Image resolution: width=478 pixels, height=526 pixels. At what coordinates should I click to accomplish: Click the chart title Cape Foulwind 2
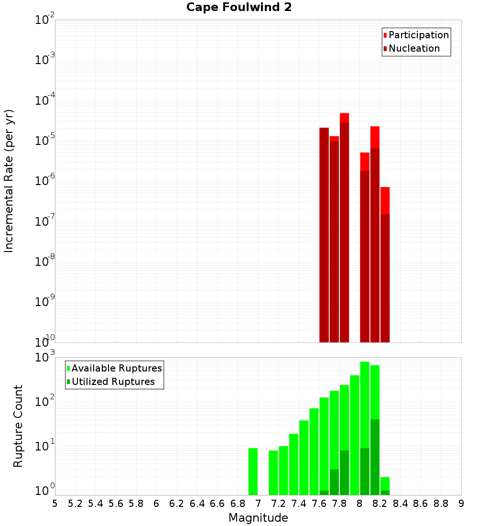[x=239, y=7]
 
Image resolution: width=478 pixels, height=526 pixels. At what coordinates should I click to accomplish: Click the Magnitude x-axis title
[x=258, y=518]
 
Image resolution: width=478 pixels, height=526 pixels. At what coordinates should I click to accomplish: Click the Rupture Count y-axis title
[x=18, y=426]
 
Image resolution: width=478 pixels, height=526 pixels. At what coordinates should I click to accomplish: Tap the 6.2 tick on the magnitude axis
[x=177, y=504]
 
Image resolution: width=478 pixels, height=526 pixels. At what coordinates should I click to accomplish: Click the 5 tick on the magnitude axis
[x=55, y=504]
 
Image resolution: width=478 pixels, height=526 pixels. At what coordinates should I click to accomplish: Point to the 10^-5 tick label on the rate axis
[x=45, y=141]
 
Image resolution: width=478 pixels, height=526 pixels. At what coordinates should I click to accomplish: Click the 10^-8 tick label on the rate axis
[x=45, y=262]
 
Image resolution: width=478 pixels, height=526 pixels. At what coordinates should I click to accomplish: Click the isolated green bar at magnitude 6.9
[x=253, y=471]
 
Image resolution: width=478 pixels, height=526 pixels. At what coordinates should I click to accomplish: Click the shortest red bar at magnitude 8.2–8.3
[x=385, y=263]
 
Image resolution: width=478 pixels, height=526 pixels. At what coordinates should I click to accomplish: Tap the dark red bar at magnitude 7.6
[x=324, y=234]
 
